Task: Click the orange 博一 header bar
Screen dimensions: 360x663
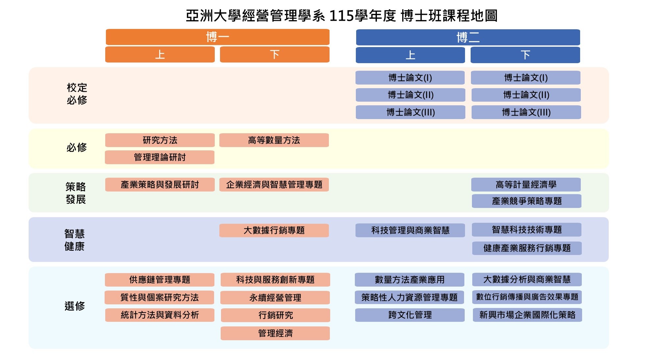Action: click(217, 37)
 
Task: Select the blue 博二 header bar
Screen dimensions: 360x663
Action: click(468, 37)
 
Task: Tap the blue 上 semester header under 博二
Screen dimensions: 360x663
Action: click(410, 55)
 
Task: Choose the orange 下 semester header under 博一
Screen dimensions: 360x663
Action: click(275, 54)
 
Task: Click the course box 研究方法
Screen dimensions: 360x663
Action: click(160, 140)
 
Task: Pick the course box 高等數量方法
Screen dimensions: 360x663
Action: click(274, 140)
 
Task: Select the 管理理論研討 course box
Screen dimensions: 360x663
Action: click(160, 157)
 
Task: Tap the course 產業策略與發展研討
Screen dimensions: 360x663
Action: click(160, 185)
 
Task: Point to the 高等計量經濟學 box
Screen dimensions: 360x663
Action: click(526, 185)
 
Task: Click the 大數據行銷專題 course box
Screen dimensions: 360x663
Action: click(274, 230)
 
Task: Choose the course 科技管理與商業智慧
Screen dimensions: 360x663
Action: click(410, 230)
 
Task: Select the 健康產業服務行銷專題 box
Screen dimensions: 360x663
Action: click(527, 248)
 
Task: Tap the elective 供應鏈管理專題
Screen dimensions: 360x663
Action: click(160, 280)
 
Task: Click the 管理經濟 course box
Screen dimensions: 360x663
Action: click(275, 333)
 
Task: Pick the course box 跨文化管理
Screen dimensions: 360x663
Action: click(410, 315)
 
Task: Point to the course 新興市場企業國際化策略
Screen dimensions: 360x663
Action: click(527, 315)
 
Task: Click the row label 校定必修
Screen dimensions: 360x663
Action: click(77, 94)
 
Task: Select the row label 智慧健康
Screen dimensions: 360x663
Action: click(75, 240)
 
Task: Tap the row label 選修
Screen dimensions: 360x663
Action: click(75, 306)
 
